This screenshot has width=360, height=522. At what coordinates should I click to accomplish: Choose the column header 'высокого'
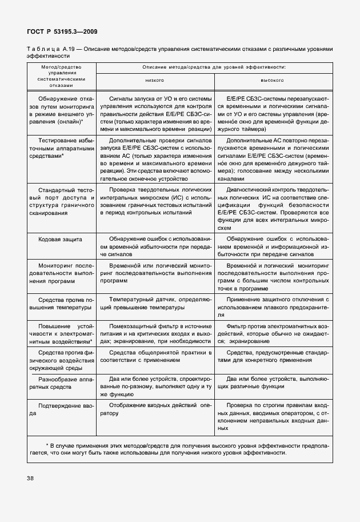pyautogui.click(x=272, y=81)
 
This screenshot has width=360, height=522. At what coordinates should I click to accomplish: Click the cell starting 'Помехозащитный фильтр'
pyautogui.click(x=154, y=333)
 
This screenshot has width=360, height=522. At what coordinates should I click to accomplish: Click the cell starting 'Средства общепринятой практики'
pyautogui.click(x=154, y=358)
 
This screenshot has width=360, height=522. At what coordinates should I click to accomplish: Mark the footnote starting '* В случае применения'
pyautogui.click(x=179, y=448)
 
